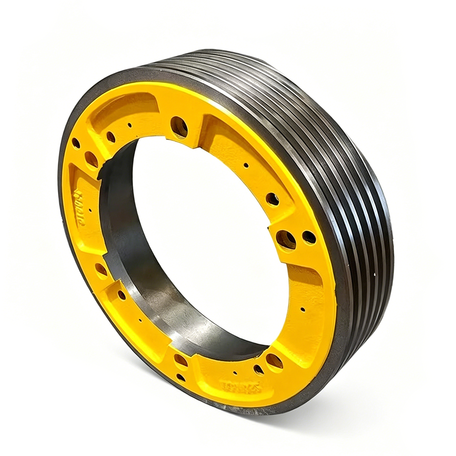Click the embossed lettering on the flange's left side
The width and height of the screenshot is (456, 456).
[79, 207]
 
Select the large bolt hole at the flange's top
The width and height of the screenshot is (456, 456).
[179, 126]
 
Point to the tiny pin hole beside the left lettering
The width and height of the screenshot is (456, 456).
[90, 210]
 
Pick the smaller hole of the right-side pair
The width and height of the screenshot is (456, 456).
[309, 237]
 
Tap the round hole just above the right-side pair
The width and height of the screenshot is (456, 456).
[272, 199]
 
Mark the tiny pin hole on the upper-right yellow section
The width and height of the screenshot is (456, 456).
[246, 165]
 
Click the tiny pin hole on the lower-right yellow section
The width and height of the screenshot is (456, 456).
[303, 309]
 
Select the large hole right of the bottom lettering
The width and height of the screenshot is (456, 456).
[274, 361]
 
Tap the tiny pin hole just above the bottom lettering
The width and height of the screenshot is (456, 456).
[235, 373]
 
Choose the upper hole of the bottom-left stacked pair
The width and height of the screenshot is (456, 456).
[181, 360]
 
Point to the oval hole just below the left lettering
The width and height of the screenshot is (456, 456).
[101, 269]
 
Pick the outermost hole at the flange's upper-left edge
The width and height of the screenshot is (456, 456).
[76, 143]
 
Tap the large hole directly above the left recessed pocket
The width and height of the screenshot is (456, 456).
[91, 159]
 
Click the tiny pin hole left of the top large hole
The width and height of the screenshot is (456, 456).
[130, 125]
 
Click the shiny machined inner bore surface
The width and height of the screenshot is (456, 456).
[139, 287]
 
